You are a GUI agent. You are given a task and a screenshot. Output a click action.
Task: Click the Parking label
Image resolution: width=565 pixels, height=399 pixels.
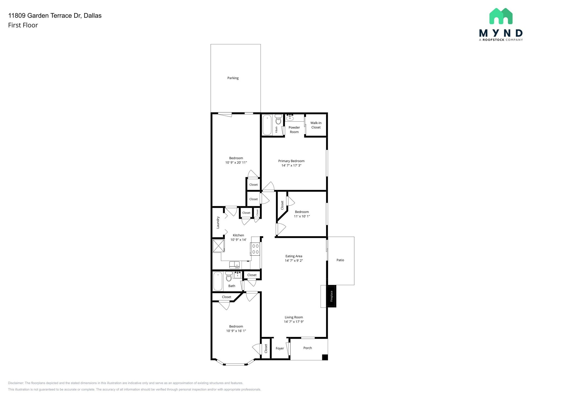(x=233, y=78)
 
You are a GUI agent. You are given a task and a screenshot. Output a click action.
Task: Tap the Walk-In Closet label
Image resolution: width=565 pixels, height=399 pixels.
(x=316, y=125)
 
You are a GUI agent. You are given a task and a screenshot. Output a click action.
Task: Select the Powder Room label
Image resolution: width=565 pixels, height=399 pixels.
(x=294, y=130)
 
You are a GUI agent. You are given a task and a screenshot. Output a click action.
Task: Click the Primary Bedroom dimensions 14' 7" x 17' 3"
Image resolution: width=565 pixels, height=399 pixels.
(x=291, y=166)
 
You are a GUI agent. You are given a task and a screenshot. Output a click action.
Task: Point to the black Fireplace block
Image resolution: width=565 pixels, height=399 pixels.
(x=331, y=296)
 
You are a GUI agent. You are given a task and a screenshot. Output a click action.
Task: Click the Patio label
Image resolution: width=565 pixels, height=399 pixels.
(x=340, y=260)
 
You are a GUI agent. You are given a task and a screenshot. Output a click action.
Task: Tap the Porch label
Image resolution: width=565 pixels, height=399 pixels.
(x=308, y=348)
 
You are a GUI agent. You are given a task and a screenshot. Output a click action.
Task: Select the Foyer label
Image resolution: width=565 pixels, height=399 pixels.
(x=280, y=348)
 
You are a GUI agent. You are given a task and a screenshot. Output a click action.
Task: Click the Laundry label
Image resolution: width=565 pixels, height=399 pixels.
(x=218, y=222)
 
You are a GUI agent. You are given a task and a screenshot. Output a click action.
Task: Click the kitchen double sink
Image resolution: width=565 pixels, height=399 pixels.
(x=234, y=265)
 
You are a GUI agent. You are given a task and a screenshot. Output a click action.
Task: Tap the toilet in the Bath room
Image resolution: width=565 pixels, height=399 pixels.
(x=229, y=276)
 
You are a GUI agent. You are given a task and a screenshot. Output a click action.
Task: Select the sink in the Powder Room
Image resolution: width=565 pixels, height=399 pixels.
(x=290, y=118)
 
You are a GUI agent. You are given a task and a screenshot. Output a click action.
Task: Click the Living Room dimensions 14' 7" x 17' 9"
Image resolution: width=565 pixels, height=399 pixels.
(x=294, y=322)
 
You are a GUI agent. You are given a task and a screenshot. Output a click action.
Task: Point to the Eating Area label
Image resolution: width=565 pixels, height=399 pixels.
(x=294, y=256)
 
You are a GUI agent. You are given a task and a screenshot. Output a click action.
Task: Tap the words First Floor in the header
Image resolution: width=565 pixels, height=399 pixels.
(x=23, y=25)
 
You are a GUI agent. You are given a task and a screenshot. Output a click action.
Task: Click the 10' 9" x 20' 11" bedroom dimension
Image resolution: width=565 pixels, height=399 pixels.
(x=236, y=163)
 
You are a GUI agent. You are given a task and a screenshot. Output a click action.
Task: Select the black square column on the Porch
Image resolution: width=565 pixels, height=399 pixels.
(x=325, y=357)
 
